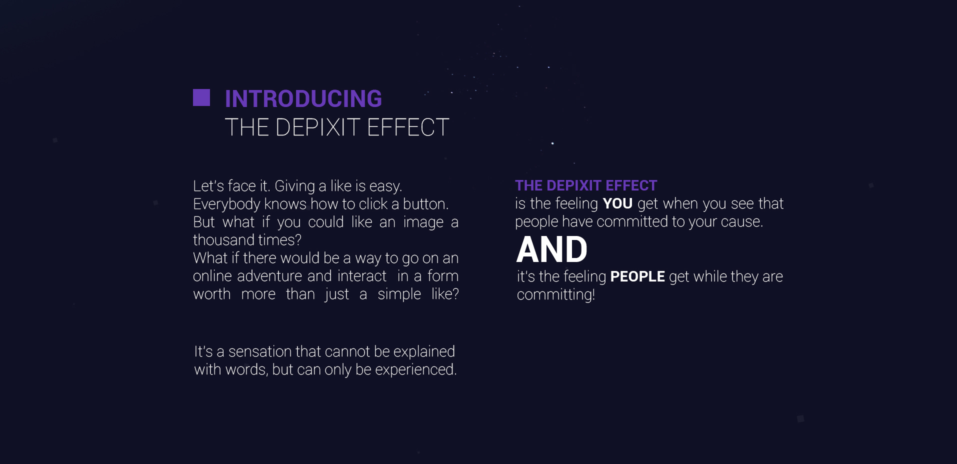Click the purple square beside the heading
pos(201,97)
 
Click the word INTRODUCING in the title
pos(303,98)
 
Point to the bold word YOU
pos(617,203)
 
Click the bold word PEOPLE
pos(637,276)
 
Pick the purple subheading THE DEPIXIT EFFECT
pos(586,185)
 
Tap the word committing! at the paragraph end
pos(556,294)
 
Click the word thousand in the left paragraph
pos(223,240)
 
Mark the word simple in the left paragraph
pos(399,294)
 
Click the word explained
pos(424,351)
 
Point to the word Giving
pos(294,186)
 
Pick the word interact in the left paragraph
pos(362,276)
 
